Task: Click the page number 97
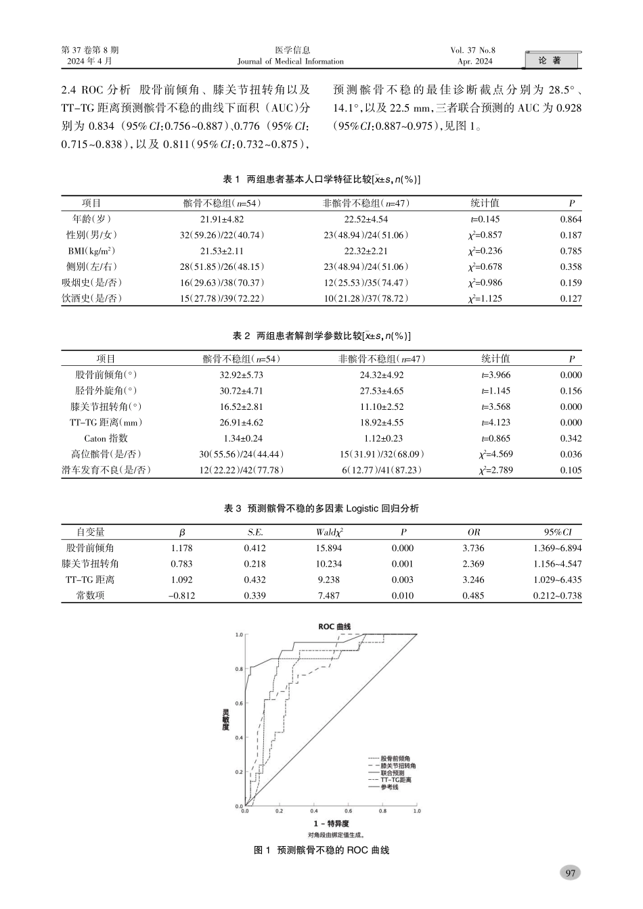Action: (x=570, y=872)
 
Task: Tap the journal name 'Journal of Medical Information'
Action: (x=290, y=62)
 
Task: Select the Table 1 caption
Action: (x=321, y=179)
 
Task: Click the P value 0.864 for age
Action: (x=570, y=219)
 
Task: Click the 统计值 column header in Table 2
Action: (x=495, y=359)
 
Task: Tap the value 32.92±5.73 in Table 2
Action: (x=241, y=375)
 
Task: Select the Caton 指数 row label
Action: (x=106, y=438)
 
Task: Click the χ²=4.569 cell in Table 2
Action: (x=495, y=454)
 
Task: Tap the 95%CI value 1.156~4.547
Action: (x=556, y=564)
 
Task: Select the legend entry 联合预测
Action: (x=392, y=773)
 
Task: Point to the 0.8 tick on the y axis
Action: (x=239, y=670)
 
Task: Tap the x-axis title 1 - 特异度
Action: (x=331, y=824)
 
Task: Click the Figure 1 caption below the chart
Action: (x=321, y=849)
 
